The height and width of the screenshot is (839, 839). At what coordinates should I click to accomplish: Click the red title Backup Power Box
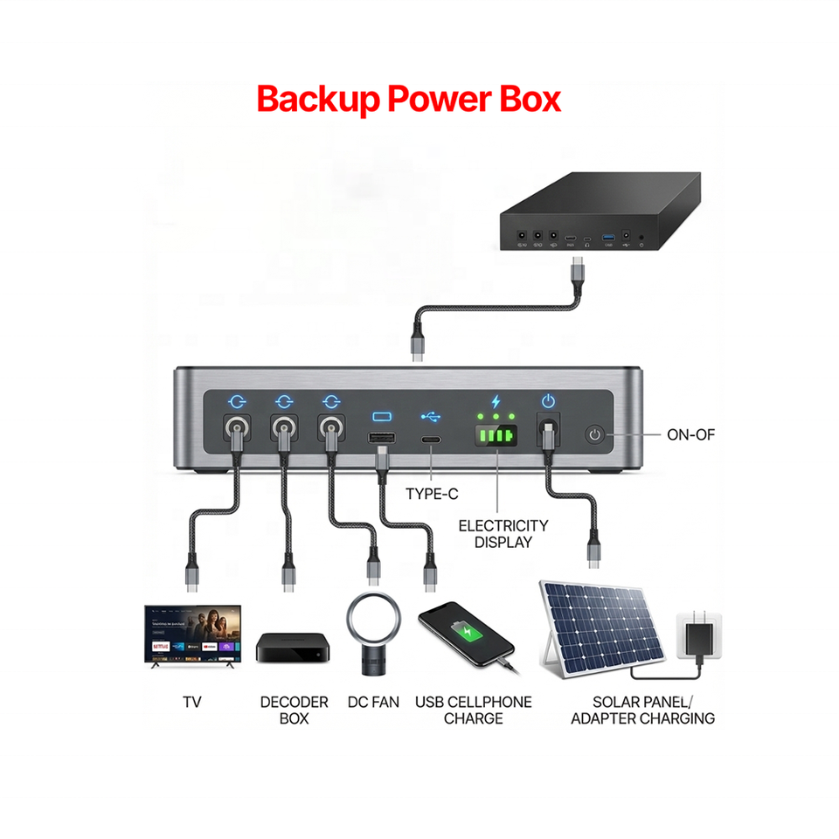click(x=408, y=100)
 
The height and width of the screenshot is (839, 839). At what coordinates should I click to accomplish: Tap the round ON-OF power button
click(x=596, y=433)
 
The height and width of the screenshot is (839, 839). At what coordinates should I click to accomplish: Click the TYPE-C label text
click(x=432, y=494)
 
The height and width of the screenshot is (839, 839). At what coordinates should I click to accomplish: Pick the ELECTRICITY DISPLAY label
click(x=503, y=533)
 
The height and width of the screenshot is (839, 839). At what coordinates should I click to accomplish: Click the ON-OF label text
click(x=690, y=433)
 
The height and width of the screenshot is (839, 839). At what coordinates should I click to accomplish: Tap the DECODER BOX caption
click(x=294, y=710)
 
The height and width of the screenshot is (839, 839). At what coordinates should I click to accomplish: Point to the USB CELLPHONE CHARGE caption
click(x=473, y=710)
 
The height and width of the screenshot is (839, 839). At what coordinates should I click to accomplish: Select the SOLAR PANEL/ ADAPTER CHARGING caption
click(x=642, y=710)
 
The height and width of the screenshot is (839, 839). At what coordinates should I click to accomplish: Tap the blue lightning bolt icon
click(x=496, y=401)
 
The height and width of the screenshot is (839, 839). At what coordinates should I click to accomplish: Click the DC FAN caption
click(x=373, y=702)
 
